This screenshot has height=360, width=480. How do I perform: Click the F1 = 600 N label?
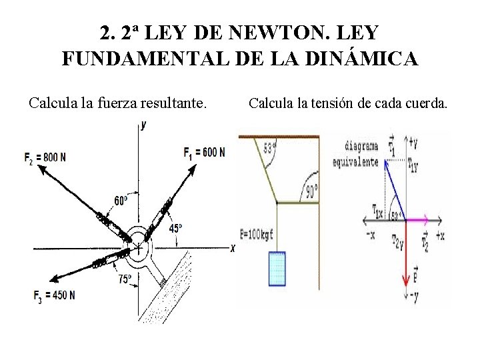(205, 153)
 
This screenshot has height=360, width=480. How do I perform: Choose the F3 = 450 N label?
(54, 295)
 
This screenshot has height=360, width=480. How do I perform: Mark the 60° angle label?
(121, 201)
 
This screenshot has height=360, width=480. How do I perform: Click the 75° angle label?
(124, 279)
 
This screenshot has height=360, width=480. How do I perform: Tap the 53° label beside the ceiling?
(270, 147)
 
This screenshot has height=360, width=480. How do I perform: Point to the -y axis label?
(413, 295)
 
